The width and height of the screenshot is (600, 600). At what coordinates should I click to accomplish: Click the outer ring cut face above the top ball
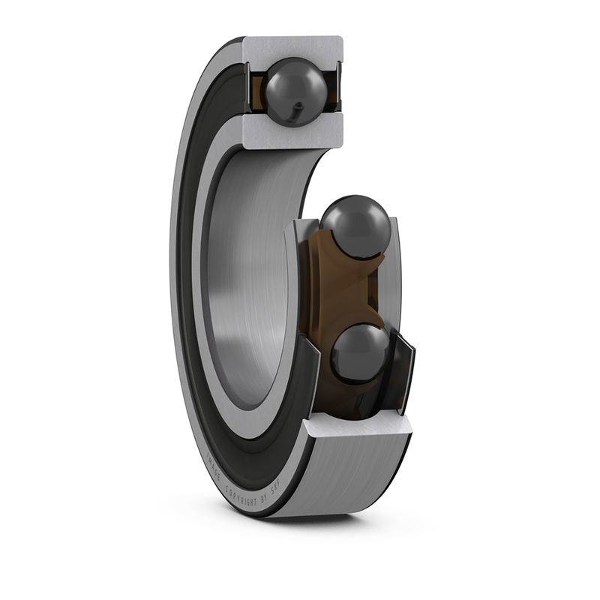292,46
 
